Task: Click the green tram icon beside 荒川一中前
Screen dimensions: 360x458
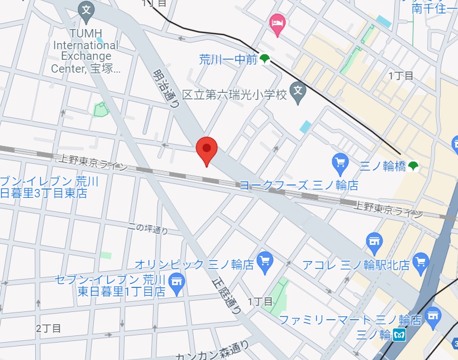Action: pyautogui.click(x=265, y=59)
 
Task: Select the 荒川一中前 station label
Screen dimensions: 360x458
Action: pyautogui.click(x=228, y=59)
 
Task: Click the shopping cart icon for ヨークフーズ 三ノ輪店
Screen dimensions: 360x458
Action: pyautogui.click(x=340, y=163)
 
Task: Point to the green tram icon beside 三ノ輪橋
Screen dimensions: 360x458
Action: pyautogui.click(x=413, y=165)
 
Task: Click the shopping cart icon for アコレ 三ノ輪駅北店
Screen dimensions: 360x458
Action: pyautogui.click(x=420, y=260)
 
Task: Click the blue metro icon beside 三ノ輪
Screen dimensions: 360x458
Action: pyautogui.click(x=399, y=335)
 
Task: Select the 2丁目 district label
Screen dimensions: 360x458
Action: pyautogui.click(x=49, y=328)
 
